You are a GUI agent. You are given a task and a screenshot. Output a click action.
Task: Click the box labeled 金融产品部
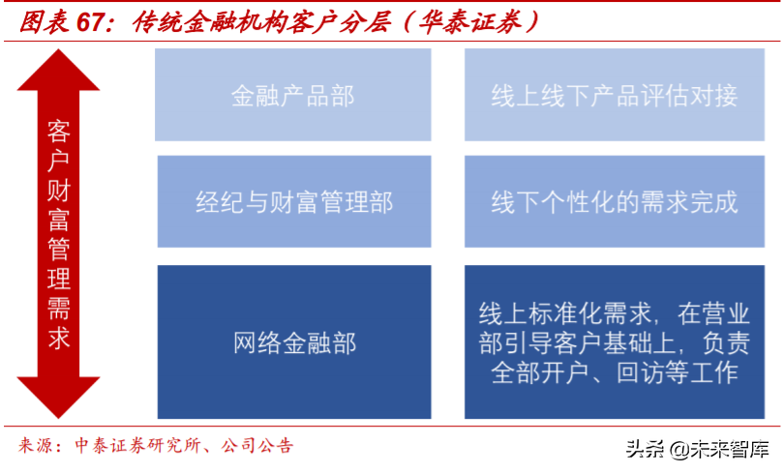click(292, 96)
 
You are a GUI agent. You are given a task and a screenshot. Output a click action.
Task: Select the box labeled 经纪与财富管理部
click(292, 201)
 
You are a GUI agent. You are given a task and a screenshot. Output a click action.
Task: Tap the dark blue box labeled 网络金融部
click(292, 341)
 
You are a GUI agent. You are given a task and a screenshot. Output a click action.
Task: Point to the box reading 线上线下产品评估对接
click(615, 96)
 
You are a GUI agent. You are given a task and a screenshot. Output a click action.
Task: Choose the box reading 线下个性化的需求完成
click(615, 201)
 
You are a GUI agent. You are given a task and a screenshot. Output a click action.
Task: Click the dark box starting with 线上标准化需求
click(615, 341)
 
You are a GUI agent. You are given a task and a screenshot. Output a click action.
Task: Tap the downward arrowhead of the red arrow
click(58, 397)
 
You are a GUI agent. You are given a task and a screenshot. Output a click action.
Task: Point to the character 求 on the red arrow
click(58, 339)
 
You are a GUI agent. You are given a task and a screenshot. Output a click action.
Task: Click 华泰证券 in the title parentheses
click(462, 21)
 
